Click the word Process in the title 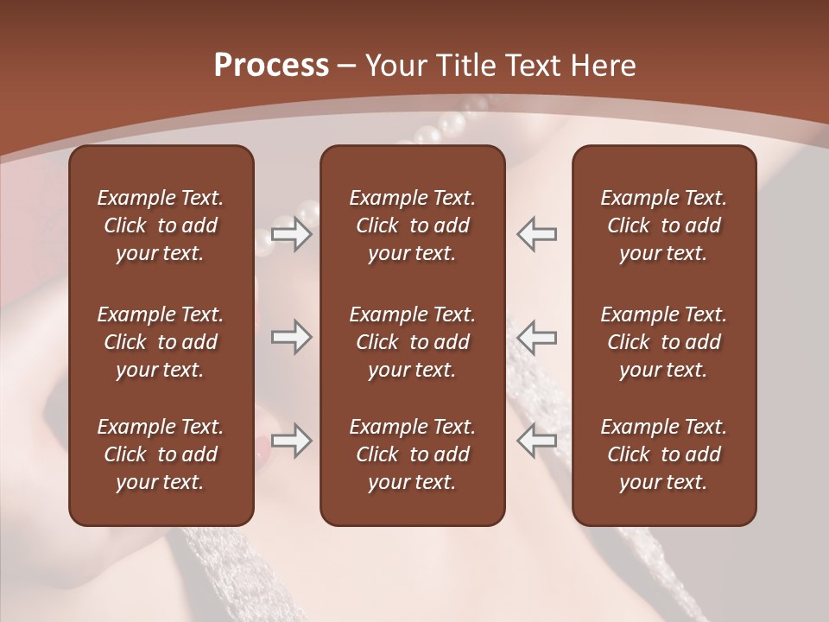click(271, 66)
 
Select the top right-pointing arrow click(291, 233)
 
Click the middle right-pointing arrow click(291, 337)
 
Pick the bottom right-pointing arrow click(291, 441)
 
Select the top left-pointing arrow click(537, 233)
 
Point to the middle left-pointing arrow click(537, 337)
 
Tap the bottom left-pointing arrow click(537, 441)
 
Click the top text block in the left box click(161, 225)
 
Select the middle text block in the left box click(161, 342)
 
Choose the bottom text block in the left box click(161, 454)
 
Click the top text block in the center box click(412, 225)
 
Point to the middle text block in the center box click(412, 342)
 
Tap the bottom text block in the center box click(412, 454)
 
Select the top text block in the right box click(663, 225)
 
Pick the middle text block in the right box click(663, 342)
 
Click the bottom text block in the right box click(663, 454)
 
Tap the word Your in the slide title click(394, 66)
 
